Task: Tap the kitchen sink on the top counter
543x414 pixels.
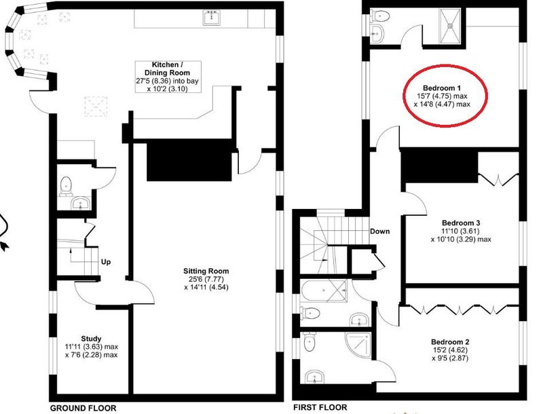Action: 212,18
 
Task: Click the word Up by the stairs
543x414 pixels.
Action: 106,262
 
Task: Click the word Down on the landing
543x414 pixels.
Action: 380,231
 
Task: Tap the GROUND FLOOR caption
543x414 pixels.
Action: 83,408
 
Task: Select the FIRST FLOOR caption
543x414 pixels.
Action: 320,407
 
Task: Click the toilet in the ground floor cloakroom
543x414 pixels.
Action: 66,186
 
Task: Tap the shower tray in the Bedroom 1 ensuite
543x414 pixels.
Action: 451,26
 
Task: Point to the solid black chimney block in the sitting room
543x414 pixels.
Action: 189,160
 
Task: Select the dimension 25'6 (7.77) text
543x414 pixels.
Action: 206,279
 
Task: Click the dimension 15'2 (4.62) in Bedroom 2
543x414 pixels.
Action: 450,350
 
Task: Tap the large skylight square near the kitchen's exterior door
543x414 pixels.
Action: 96,106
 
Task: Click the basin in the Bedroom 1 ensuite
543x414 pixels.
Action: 377,33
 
